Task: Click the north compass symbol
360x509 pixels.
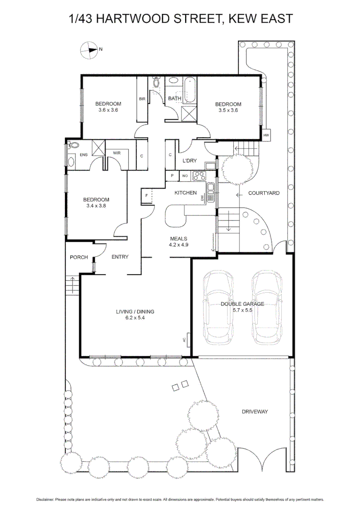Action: pyautogui.click(x=88, y=49)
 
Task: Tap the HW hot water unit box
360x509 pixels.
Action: pyautogui.click(x=266, y=135)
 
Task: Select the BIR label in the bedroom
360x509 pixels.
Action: pyautogui.click(x=141, y=99)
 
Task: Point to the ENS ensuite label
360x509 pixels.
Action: pyautogui.click(x=83, y=155)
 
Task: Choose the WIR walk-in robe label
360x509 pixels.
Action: pyautogui.click(x=116, y=153)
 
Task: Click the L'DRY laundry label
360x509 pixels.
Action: pyautogui.click(x=189, y=161)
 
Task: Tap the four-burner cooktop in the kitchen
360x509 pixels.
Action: pyautogui.click(x=199, y=176)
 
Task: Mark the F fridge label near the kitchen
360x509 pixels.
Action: pyautogui.click(x=147, y=195)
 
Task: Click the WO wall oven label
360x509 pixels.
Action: pyautogui.click(x=185, y=176)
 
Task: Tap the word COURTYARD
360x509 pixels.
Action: pyautogui.click(x=264, y=193)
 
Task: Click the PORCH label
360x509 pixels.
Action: pyautogui.click(x=79, y=257)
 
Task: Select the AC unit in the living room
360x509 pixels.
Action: pyautogui.click(x=188, y=339)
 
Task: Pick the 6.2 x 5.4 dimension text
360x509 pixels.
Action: pyautogui.click(x=135, y=318)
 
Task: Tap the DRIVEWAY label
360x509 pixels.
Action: pyautogui.click(x=254, y=411)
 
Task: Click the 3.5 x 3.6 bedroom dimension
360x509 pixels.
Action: pyautogui.click(x=228, y=110)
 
